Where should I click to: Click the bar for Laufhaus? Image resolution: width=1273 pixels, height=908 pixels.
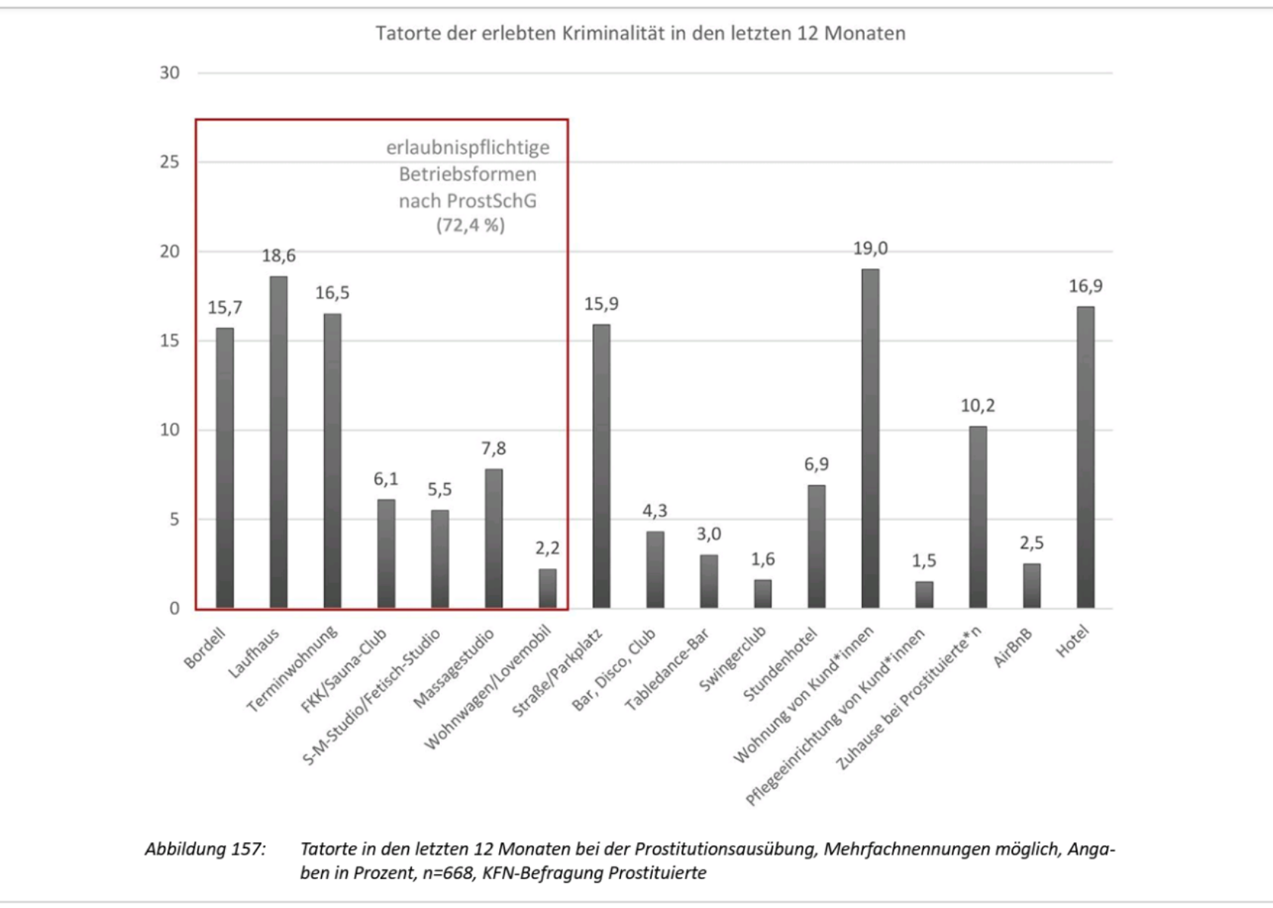click(x=279, y=442)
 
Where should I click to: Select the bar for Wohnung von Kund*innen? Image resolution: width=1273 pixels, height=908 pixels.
click(x=870, y=438)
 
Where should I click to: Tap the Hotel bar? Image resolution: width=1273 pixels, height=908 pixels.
click(x=1085, y=457)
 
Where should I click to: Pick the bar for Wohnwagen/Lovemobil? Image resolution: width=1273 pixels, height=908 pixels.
click(x=548, y=588)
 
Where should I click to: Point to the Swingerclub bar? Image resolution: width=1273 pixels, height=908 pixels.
click(x=763, y=594)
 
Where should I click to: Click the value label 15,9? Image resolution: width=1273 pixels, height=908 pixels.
click(x=601, y=304)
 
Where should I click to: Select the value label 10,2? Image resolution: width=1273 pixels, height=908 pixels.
click(x=978, y=406)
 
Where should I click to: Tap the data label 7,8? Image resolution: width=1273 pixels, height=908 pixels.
click(x=494, y=448)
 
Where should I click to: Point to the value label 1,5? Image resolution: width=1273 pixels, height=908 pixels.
click(x=924, y=560)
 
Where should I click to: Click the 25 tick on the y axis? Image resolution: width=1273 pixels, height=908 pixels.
click(x=170, y=162)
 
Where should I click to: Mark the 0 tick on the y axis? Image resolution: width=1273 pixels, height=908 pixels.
click(x=175, y=608)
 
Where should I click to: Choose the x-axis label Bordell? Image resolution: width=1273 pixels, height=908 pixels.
click(x=205, y=648)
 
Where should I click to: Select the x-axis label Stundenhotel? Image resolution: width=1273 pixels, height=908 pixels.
click(x=781, y=664)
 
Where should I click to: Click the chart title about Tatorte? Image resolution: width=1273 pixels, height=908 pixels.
click(x=640, y=33)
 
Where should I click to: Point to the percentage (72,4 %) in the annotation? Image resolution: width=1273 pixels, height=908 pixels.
click(x=470, y=225)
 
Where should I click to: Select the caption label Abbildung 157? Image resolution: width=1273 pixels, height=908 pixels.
click(x=205, y=849)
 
